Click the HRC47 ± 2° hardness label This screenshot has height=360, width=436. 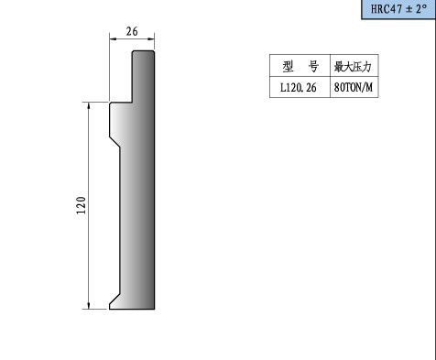(x=398, y=9)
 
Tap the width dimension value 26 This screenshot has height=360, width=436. (x=132, y=31)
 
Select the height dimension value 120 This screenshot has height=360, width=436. (x=82, y=205)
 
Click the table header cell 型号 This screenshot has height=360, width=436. (x=300, y=66)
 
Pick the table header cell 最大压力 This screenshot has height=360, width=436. (x=354, y=66)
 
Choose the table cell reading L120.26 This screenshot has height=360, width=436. (x=300, y=87)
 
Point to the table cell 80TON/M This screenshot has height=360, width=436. (x=354, y=87)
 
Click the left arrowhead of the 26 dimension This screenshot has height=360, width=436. (x=113, y=38)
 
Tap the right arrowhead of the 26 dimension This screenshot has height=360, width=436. (x=151, y=38)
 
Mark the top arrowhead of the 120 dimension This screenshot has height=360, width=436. (x=89, y=106)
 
